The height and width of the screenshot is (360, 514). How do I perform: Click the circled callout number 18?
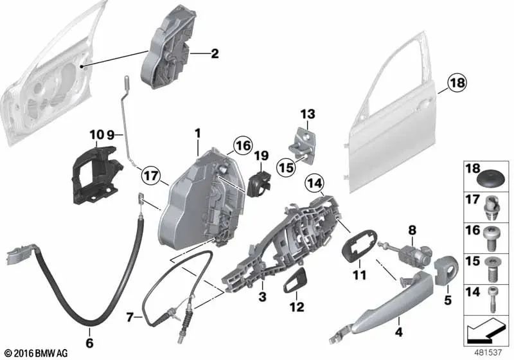457,83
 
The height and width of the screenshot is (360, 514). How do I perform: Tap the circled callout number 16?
243,146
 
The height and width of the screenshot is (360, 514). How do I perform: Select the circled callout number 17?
152,176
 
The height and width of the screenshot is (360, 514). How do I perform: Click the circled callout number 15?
286,168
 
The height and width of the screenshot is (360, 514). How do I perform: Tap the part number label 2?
215,53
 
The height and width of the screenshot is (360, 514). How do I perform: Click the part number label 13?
308,114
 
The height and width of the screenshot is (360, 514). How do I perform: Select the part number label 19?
261,156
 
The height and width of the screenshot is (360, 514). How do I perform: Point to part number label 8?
412,230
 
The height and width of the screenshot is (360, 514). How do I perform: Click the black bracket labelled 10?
96,175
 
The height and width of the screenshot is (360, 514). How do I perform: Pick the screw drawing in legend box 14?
492,300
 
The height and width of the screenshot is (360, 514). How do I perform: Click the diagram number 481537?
488,352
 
